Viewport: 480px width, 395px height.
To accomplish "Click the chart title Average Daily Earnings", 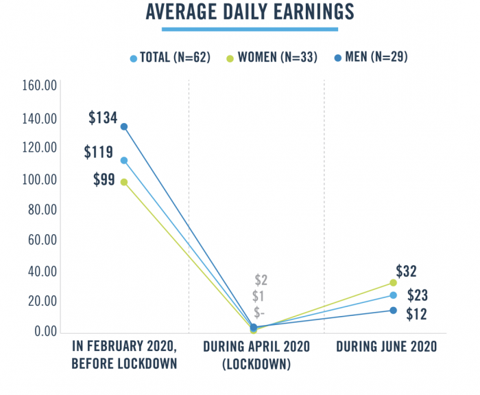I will pos(250,12).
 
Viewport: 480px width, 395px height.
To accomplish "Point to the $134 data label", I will pos(103,117).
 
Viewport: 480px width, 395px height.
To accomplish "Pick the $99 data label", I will pos(106,181).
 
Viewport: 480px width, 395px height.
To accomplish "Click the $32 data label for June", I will pos(406,271).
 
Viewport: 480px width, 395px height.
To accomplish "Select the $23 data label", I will pos(418,295).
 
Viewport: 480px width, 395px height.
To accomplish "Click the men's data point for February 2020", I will pos(124,126).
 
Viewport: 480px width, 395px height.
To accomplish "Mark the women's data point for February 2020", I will pos(124,182).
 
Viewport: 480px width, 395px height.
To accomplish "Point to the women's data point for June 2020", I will pos(393,282).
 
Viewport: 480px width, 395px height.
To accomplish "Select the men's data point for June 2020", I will pos(393,311).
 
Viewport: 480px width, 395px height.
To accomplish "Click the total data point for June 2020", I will pos(393,295).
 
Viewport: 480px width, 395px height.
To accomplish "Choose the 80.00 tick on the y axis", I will pos(38,209).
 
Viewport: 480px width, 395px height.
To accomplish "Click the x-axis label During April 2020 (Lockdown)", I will pos(256,355).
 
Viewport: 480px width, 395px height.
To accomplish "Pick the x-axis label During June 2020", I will pos(386,347).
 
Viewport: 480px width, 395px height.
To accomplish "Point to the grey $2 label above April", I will pos(261,280).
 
